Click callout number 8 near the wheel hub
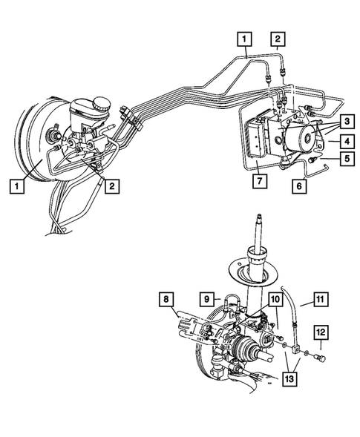[x=167, y=300]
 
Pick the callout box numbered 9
[x=208, y=300]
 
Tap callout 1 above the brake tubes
[x=244, y=37]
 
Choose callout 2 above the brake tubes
[x=276, y=37]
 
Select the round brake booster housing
[x=30, y=148]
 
